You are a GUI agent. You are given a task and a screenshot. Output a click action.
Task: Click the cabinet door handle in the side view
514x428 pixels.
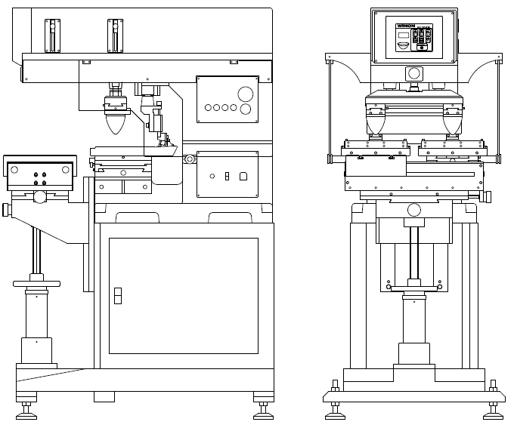click(117, 295)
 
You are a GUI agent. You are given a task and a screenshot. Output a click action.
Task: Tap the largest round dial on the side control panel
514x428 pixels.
click(246, 94)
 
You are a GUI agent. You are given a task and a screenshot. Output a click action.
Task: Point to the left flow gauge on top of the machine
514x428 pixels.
click(51, 34)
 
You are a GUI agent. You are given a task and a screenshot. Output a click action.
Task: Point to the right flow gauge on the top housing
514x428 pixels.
click(113, 34)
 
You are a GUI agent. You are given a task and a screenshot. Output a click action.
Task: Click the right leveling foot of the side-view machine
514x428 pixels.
click(263, 410)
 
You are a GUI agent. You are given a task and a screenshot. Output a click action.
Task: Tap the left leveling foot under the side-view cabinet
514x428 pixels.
click(28, 410)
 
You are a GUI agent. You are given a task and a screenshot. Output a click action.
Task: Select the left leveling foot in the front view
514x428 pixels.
click(333, 410)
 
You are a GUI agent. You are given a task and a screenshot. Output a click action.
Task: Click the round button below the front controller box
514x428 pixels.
click(413, 73)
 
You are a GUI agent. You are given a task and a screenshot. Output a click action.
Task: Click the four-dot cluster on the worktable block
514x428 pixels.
click(39, 177)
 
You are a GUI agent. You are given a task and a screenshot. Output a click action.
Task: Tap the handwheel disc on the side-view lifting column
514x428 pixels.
click(36, 283)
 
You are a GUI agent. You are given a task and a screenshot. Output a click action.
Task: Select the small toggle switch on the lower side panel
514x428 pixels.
click(227, 176)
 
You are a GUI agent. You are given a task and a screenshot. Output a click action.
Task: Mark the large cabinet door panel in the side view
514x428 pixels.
click(182, 295)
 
